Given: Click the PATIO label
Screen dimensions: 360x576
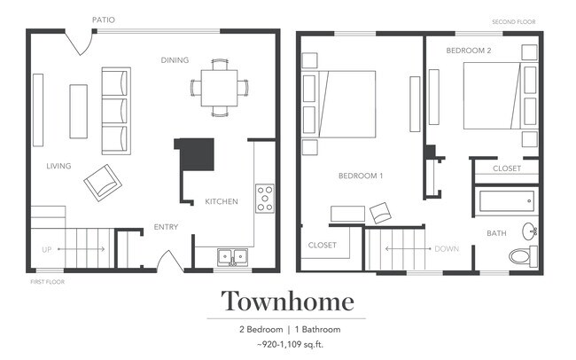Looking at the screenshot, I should pyautogui.click(x=103, y=20).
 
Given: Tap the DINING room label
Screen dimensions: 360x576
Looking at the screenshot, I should pyautogui.click(x=174, y=60).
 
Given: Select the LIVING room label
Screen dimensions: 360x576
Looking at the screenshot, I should pyautogui.click(x=58, y=166).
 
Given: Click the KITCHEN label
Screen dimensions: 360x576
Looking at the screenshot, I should pyautogui.click(x=222, y=201).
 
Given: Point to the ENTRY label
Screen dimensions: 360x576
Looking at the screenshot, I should pyautogui.click(x=166, y=227).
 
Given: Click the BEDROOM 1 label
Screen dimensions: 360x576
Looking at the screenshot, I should pyautogui.click(x=361, y=176).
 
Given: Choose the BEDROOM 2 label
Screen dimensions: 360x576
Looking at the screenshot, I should pyautogui.click(x=468, y=51).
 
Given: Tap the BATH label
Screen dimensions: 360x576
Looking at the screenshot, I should pyautogui.click(x=496, y=233).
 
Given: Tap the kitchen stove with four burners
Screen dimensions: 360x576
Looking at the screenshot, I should pyautogui.click(x=264, y=198).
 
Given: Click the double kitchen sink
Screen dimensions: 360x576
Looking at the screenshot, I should pyautogui.click(x=232, y=257).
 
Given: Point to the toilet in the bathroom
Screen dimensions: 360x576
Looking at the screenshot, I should pyautogui.click(x=523, y=256).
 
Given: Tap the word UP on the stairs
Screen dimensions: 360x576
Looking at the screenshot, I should pyautogui.click(x=47, y=249).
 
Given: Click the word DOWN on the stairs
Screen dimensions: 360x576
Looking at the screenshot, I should pyautogui.click(x=447, y=249).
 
